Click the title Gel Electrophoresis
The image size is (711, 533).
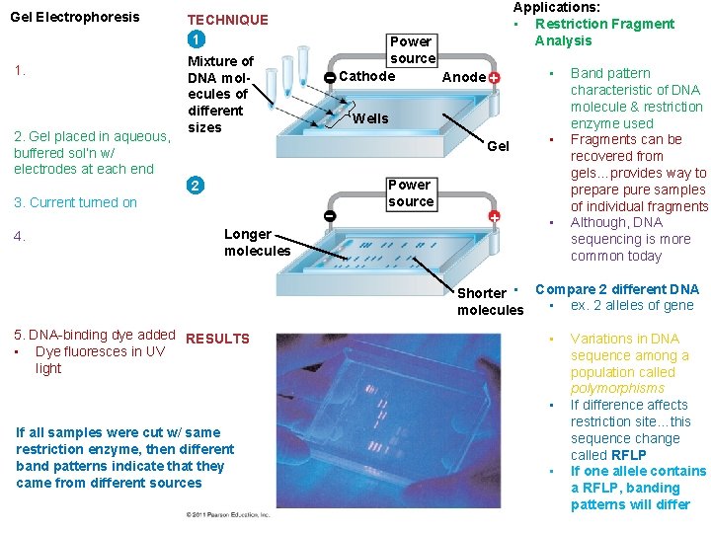(74, 17)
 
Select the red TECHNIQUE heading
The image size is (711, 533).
(227, 20)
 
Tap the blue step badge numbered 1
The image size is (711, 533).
(197, 40)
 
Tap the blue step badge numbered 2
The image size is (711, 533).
(197, 187)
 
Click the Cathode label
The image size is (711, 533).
(366, 76)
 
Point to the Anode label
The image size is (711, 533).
(463, 77)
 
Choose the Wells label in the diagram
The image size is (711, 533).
(370, 118)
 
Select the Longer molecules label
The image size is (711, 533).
(257, 242)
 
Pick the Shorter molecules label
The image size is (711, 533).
(489, 301)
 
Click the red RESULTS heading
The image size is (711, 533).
(217, 339)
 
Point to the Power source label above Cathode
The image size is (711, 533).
(411, 49)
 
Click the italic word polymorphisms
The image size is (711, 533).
(617, 389)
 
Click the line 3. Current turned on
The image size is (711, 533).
(76, 202)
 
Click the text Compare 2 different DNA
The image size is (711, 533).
(616, 289)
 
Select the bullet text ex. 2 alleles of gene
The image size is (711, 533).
(632, 305)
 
